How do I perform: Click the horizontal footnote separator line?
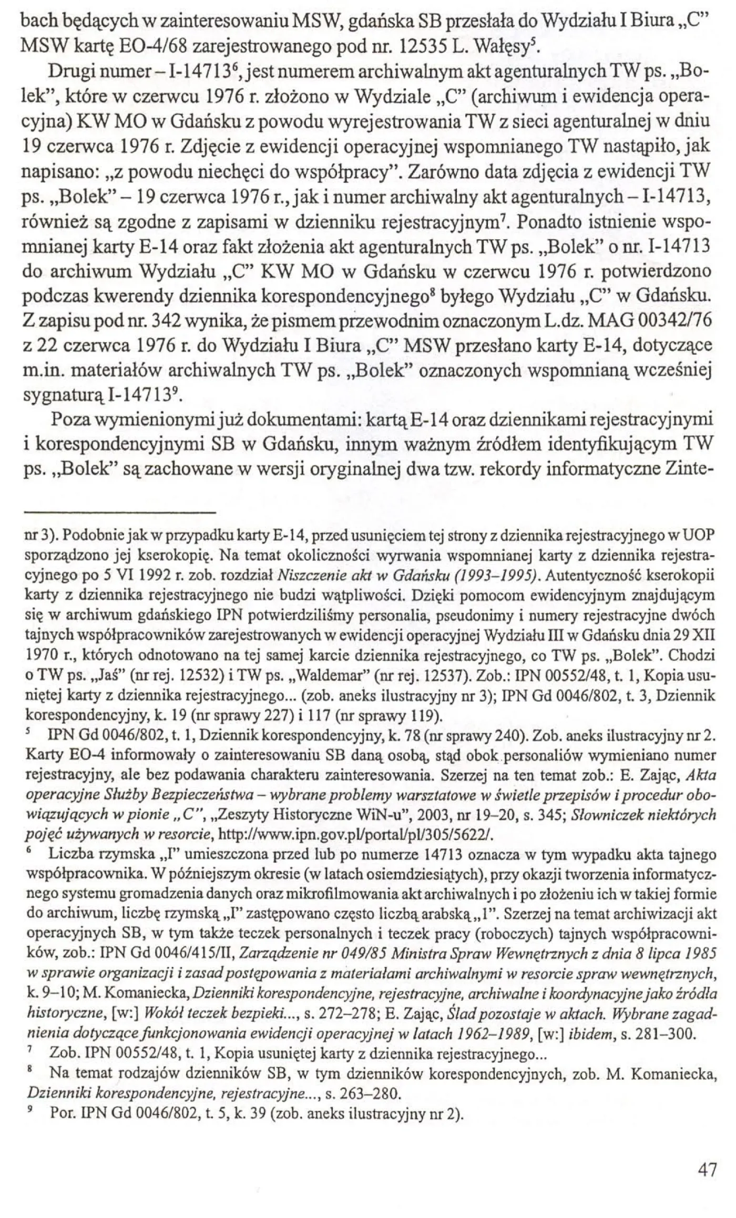pos(121,511)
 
